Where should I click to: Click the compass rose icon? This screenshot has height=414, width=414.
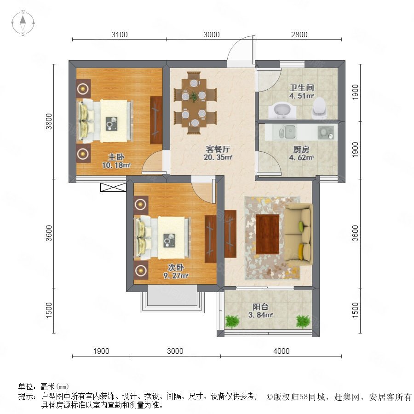23,23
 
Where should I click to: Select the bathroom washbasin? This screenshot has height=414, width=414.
282,111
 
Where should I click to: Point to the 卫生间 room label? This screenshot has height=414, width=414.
301,87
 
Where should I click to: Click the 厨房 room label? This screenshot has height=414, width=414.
301,149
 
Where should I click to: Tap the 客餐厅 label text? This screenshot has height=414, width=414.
218,149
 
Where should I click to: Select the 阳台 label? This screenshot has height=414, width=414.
260,307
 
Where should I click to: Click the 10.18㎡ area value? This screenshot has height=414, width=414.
116,166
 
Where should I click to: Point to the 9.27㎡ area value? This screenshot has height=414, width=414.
176,276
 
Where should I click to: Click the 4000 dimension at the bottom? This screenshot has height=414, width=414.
281,351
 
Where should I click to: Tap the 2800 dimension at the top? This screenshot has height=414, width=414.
299,34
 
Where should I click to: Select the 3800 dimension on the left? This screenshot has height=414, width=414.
49,121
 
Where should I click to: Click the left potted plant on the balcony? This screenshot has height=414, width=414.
232,322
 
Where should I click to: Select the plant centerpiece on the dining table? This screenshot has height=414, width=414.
194,97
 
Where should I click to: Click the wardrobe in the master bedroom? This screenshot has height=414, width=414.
156,121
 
